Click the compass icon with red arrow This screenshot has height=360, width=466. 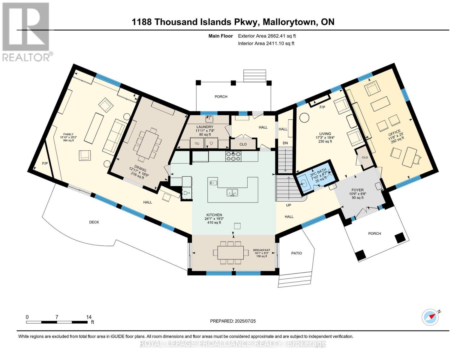click(430, 317)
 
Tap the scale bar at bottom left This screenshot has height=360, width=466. click(57, 322)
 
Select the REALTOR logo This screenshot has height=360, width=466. click(26, 32)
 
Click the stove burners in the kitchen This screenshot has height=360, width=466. click(233, 156)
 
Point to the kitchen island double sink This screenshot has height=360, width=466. click(232, 192)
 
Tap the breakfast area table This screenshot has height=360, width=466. click(230, 253)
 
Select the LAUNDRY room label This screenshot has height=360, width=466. click(205, 127)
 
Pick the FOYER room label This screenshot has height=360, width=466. click(357, 190)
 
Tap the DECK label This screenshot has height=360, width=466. click(94, 222)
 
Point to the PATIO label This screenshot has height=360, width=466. click(296, 253)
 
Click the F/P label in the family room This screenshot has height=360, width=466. click(45, 163)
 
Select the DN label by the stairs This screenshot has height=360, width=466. click(285, 143)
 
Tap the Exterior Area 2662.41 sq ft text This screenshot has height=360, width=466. click(267, 36)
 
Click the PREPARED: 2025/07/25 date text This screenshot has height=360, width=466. click(233, 321)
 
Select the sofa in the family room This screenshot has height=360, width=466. click(114, 137)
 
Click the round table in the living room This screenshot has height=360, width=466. click(305, 117)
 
